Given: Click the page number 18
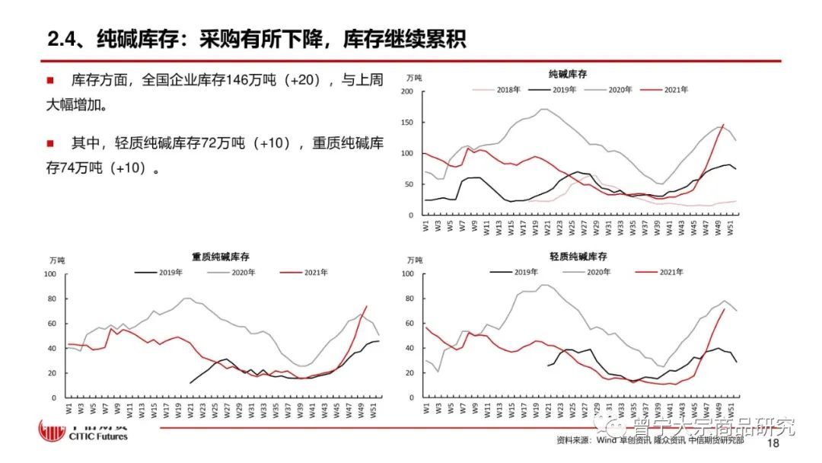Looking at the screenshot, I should click(x=774, y=443).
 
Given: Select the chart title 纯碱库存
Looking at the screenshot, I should click(x=567, y=75).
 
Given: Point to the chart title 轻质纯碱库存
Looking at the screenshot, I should click(x=578, y=257).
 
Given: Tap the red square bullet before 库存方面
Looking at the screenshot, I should click(x=49, y=80).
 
